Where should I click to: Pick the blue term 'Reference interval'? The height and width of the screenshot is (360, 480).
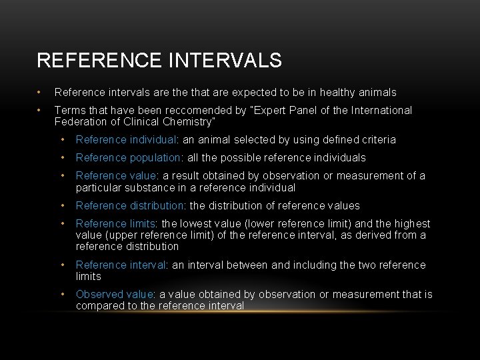point(120,265)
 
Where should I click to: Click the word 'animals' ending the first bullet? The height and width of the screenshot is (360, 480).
point(378,93)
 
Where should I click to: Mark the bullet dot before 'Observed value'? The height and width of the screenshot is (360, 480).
point(62,295)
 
